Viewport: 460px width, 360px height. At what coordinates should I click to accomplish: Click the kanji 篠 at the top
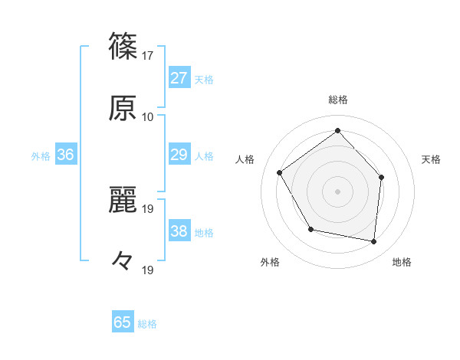123,45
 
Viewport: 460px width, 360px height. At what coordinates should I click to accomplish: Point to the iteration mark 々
123,260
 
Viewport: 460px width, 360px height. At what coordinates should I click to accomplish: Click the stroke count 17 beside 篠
148,56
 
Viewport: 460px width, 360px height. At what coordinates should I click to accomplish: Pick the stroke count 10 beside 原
148,117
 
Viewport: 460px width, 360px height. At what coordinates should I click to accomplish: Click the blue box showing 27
179,78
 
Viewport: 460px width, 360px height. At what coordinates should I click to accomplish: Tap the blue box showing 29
179,155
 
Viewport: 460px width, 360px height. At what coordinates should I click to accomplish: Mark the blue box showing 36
65,155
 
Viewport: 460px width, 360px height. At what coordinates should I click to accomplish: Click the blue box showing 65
123,322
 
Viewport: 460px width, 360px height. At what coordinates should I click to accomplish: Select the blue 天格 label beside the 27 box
204,79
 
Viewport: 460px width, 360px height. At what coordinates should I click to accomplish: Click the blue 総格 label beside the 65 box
147,323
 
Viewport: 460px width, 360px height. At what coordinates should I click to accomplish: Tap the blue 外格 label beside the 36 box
41,155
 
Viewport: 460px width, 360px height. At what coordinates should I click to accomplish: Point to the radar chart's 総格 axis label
337,100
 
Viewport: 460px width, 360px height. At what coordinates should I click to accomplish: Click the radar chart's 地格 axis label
402,262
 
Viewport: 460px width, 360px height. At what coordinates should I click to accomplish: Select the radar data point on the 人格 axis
280,172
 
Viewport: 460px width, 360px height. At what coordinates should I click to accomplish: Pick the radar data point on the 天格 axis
381,178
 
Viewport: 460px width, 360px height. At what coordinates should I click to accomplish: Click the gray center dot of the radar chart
337,191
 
